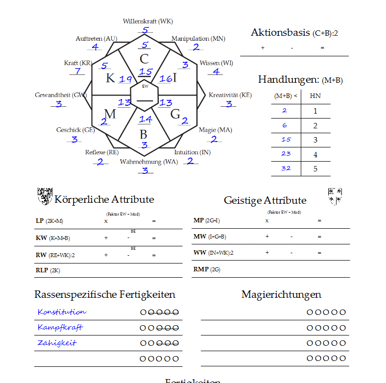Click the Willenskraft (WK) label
(x=147, y=21)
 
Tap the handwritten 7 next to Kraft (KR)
(x=77, y=71)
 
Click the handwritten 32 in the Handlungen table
(x=286, y=168)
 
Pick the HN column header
(x=315, y=96)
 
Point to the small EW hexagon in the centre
(x=145, y=93)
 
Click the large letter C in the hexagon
(x=144, y=59)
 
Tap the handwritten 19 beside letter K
(x=125, y=79)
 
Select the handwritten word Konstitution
(x=62, y=312)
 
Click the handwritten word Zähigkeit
(x=57, y=343)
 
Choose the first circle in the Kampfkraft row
(x=143, y=328)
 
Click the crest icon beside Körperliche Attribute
(x=45, y=196)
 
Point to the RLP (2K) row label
(x=48, y=270)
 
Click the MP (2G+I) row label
(x=205, y=220)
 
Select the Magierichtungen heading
(x=281, y=294)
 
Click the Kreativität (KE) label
(x=230, y=95)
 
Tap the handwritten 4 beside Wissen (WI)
(x=216, y=72)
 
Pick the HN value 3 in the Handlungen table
(x=315, y=140)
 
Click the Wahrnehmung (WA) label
(x=149, y=162)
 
